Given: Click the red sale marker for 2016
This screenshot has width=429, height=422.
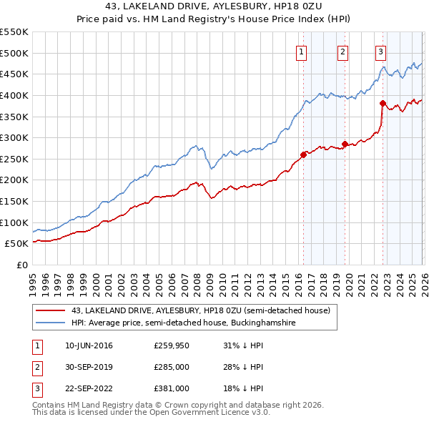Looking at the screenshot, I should tap(303, 154).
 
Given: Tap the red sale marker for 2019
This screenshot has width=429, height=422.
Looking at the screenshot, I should tap(345, 144).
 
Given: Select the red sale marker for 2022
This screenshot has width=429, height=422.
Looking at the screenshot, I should tap(383, 103).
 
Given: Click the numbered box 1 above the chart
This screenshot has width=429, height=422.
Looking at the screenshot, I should tap(302, 51).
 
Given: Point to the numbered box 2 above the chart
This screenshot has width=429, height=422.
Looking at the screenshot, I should tap(343, 51).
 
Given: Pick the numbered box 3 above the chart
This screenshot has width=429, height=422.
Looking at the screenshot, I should tap(380, 51).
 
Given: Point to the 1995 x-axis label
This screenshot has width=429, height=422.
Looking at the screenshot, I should tap(33, 277).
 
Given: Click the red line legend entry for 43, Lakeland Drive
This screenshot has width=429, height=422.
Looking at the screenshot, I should tap(200, 311).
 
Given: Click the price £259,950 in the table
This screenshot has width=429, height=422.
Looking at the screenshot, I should tap(172, 346).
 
